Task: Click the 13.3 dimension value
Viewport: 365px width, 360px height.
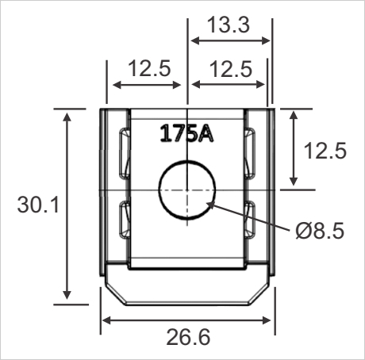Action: (229, 25)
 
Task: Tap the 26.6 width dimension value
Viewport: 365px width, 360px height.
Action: (188, 339)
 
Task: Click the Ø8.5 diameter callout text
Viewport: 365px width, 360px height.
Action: (319, 232)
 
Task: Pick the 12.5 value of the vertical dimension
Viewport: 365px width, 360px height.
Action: (325, 151)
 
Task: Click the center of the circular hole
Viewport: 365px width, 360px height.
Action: (187, 190)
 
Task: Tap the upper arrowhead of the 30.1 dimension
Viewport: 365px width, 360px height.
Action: (67, 114)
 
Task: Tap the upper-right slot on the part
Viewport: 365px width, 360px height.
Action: (251, 152)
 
